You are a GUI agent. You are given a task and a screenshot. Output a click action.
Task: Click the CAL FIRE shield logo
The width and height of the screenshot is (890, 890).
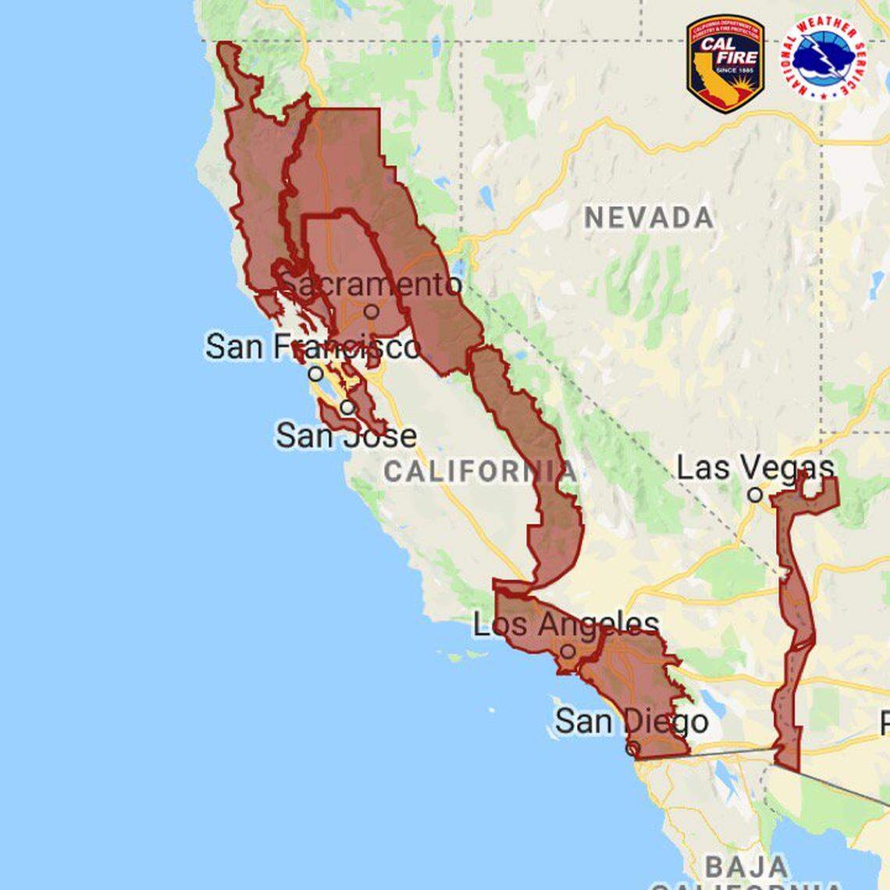pos(725,63)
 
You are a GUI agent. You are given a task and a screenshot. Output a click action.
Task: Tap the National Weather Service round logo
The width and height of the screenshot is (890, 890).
pos(823,57)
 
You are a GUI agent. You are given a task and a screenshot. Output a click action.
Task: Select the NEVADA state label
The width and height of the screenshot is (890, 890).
pos(649,218)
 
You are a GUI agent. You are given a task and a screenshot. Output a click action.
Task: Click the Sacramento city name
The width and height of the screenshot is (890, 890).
pos(372,285)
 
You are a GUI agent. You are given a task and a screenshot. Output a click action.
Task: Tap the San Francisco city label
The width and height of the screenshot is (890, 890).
pos(313,347)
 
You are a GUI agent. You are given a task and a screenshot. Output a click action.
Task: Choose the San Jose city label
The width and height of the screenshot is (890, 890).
pos(346,435)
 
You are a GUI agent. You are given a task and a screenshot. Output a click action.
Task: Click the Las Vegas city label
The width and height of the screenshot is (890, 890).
pos(755,468)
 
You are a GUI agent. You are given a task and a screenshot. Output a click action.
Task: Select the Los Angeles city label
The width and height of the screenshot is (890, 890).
pos(566,624)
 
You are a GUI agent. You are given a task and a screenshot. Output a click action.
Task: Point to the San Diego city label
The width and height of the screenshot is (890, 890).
pos(632,721)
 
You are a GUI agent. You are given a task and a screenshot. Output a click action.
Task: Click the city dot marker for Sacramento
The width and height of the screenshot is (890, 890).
pos(372,311)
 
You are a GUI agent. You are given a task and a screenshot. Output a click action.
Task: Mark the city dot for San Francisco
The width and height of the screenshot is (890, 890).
pos(315,373)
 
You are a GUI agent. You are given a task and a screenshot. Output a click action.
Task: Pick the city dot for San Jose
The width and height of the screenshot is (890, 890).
pos(347,407)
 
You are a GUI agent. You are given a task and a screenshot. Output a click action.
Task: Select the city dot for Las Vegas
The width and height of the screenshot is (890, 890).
pos(754,494)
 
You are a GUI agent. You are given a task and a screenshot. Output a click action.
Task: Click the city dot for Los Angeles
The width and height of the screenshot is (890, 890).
pos(568,651)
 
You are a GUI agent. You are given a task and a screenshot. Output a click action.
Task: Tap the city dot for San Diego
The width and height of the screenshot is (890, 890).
pos(633,748)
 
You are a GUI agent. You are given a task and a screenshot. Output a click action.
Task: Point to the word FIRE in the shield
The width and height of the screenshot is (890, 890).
pos(735,57)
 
